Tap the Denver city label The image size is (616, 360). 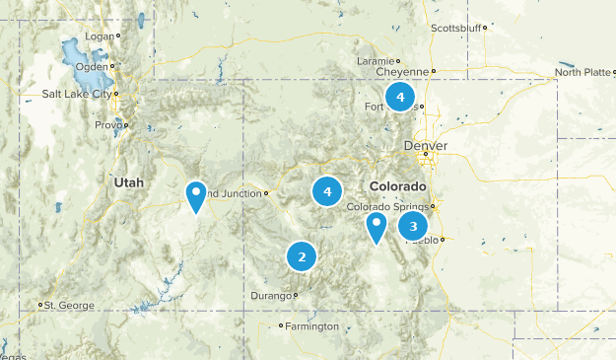[425, 146]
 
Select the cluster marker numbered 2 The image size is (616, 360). [302, 256]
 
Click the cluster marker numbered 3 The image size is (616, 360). [413, 226]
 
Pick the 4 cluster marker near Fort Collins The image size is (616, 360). [399, 97]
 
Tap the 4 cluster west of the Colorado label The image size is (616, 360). [327, 191]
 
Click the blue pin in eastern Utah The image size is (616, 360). [197, 196]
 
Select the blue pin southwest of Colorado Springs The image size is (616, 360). [376, 227]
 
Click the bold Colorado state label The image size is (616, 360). [398, 186]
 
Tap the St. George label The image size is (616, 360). [69, 305]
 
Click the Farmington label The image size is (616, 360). [310, 326]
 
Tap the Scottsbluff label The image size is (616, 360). [456, 28]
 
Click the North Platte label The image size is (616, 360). [582, 72]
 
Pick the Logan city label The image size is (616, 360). [100, 36]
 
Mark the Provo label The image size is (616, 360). [107, 125]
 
